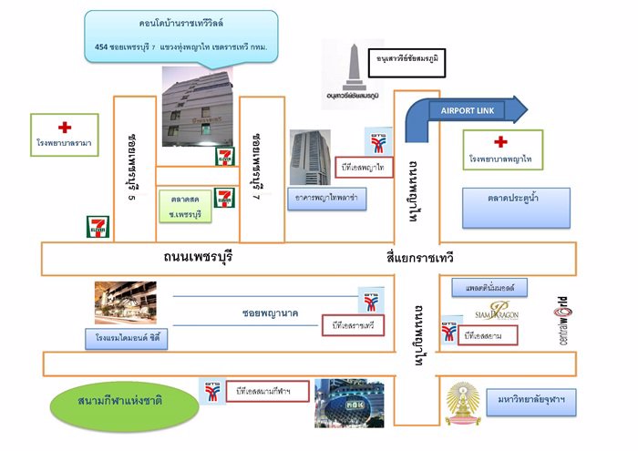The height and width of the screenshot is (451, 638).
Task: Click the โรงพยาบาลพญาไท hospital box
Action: (500, 150)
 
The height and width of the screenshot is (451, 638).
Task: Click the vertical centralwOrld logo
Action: (561, 319)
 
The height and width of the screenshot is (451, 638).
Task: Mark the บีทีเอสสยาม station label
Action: (489, 336)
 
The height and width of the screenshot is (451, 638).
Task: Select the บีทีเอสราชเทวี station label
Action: (353, 325)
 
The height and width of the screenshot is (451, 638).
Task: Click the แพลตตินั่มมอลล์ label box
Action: (489, 288)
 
